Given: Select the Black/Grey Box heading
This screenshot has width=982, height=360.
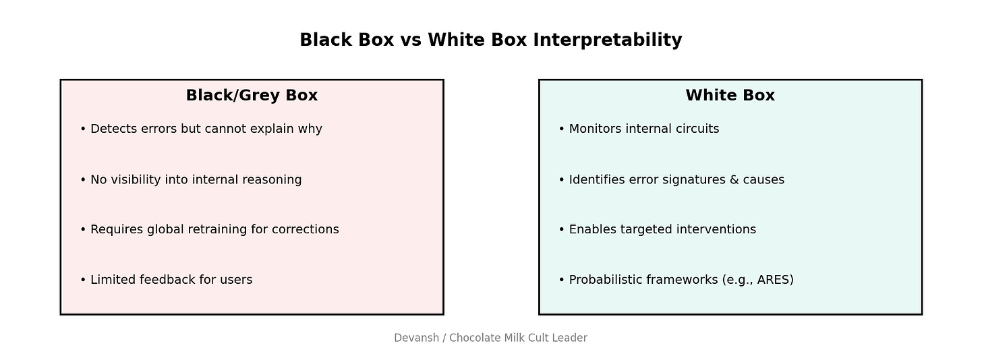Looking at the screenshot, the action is point(252,96).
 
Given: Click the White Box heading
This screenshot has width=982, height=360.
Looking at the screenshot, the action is point(730,96).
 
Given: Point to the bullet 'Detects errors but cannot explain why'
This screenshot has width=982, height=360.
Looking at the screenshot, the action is point(206,129).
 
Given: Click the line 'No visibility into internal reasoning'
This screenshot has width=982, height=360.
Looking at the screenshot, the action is point(196,180).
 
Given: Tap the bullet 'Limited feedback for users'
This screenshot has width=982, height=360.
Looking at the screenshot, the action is point(171,280).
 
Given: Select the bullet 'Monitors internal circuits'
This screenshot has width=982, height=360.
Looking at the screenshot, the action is point(643,129).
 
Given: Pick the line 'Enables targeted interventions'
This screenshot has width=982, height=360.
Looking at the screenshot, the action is point(662,230).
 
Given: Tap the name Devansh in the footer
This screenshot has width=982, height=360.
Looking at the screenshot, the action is point(416,338).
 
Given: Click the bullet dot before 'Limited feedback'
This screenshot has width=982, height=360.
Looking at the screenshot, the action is point(83,280).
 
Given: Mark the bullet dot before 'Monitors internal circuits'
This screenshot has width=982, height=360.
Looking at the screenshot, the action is point(561,129).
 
